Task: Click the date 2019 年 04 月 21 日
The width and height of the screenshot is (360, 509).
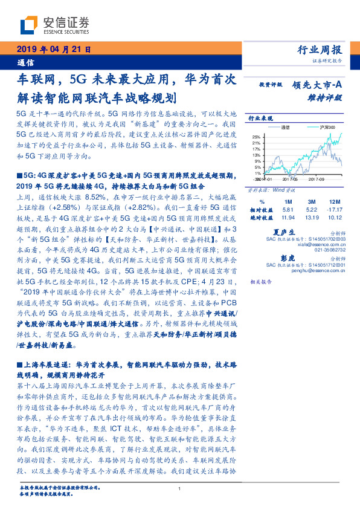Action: click(x=53, y=50)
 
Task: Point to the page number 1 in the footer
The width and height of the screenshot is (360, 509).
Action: click(x=180, y=489)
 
